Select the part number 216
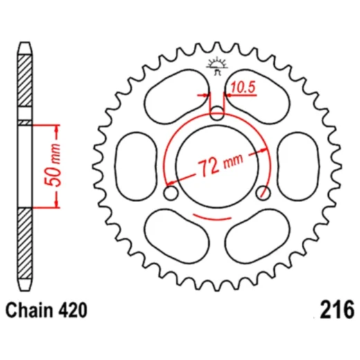337,309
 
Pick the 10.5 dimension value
243,88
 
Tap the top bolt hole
217,114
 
